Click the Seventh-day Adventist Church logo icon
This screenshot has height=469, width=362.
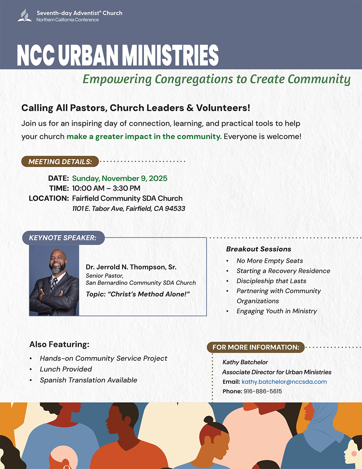(x=25, y=16)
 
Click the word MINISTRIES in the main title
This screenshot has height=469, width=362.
(x=170, y=55)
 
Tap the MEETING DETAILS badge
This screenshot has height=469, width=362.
(x=60, y=162)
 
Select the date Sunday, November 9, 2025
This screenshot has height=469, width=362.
(x=119, y=178)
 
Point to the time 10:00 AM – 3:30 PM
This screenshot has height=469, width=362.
(x=106, y=188)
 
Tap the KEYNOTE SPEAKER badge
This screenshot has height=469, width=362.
(x=63, y=238)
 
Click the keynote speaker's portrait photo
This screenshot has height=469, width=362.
(x=54, y=280)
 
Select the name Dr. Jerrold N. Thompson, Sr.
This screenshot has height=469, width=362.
(x=131, y=267)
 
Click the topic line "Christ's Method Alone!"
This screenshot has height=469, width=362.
(x=138, y=294)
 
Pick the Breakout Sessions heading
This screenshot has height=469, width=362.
(x=258, y=249)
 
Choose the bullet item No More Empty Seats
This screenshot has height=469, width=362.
(x=270, y=261)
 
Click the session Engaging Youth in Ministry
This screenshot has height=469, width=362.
(x=277, y=311)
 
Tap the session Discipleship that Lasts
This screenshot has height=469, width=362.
(x=271, y=281)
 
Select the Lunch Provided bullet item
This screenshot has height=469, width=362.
(x=66, y=369)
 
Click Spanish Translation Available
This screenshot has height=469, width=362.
(x=88, y=380)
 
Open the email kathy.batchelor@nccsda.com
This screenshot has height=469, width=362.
(x=284, y=382)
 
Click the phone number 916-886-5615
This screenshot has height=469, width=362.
(x=263, y=391)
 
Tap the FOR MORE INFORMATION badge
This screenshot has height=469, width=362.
(x=256, y=347)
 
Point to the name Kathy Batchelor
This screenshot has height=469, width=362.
(x=245, y=362)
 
